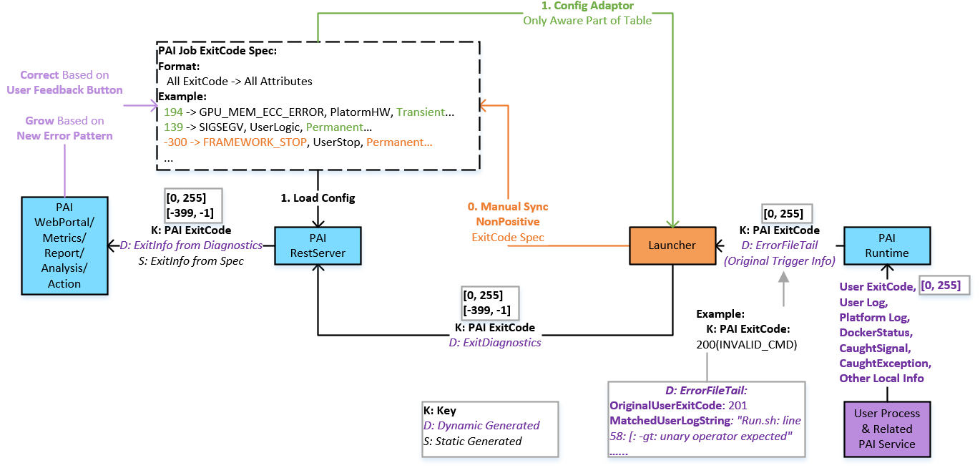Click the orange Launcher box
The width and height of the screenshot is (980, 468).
click(672, 245)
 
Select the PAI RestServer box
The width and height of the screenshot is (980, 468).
click(318, 245)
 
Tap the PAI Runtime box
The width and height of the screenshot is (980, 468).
click(886, 245)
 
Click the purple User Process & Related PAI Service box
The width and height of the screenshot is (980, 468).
click(886, 429)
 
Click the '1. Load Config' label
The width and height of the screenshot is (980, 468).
click(317, 198)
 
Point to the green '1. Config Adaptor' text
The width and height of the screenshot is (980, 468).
click(587, 6)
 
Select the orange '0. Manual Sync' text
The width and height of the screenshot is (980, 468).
click(508, 206)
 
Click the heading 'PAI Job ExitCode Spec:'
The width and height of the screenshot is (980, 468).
click(217, 51)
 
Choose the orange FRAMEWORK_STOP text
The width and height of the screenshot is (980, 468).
click(255, 142)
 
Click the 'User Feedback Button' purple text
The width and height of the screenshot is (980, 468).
click(64, 89)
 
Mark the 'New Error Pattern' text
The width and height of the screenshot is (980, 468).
click(64, 135)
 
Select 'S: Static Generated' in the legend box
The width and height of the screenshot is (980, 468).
click(472, 441)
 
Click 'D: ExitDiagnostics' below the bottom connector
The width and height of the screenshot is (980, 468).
click(494, 342)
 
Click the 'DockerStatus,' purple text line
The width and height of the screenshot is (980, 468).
click(876, 333)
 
